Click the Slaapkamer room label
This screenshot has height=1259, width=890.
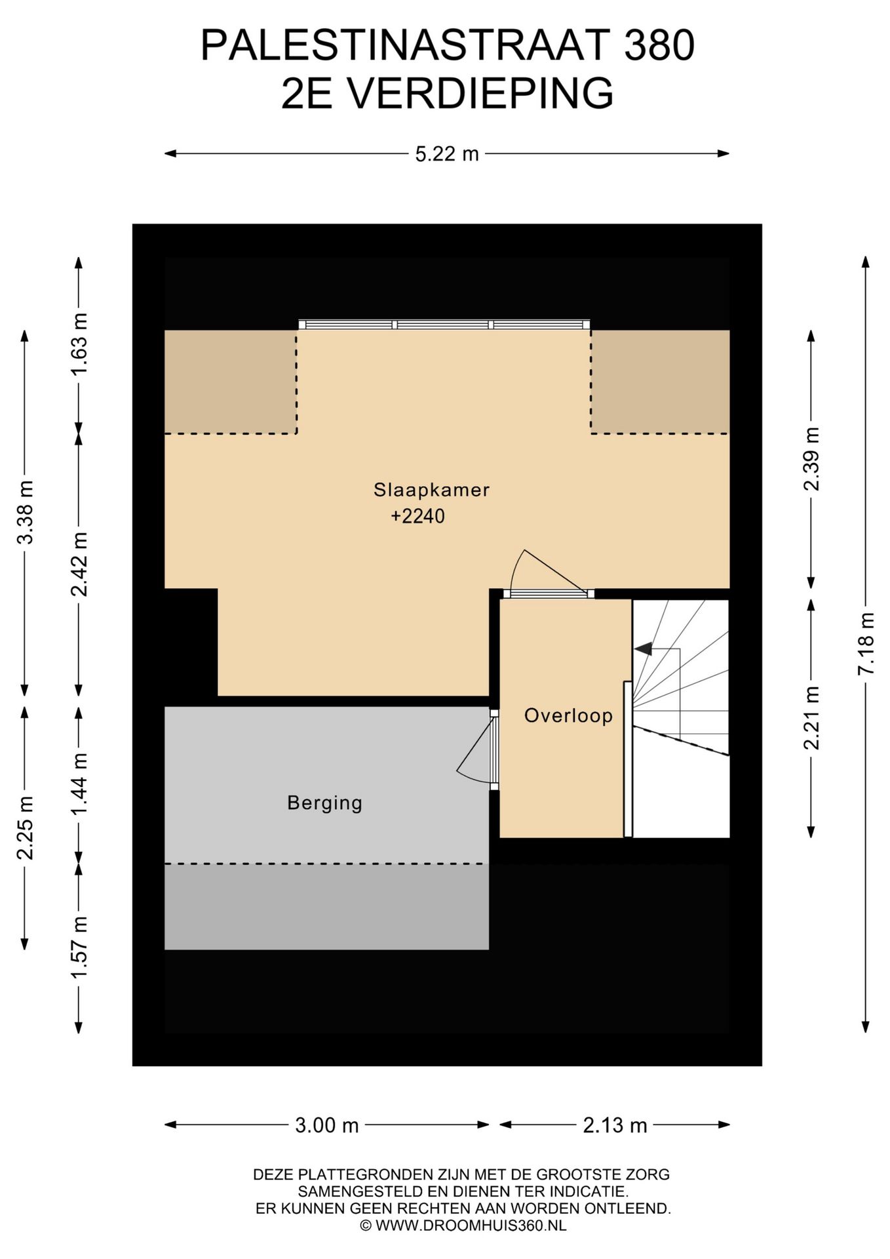point(431,490)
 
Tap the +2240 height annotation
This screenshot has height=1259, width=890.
point(417,516)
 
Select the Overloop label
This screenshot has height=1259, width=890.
point(568,715)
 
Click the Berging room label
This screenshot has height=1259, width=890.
point(324,803)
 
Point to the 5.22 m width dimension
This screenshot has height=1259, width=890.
point(447,154)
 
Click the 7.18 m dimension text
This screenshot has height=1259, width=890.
point(866,643)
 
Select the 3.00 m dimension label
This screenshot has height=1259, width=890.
point(327,1125)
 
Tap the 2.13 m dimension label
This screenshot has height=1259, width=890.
point(615,1125)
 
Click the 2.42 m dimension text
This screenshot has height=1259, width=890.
point(79,564)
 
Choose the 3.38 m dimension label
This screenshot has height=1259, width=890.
point(25,512)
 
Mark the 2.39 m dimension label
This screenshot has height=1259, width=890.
point(811,458)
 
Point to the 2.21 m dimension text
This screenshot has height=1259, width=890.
point(811,717)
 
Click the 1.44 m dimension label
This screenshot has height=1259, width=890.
point(79,784)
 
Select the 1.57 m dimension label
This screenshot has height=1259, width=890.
point(79,948)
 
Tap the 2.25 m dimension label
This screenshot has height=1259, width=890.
point(25,828)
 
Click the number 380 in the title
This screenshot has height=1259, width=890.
point(659,46)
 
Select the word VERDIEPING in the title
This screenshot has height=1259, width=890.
point(480,93)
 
